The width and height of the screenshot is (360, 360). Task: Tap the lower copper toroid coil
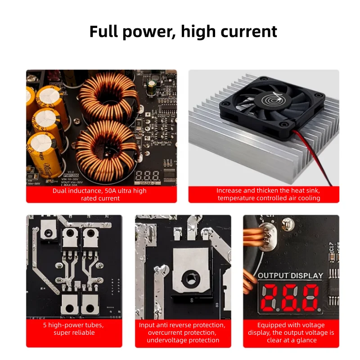pos(106,144)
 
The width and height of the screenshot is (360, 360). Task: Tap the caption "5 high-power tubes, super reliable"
pos(74,328)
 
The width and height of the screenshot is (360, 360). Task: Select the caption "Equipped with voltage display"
pos(291,333)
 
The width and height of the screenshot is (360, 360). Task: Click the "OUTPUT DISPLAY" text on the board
pos(290,275)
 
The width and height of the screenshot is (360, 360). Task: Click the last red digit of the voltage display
pos(310,297)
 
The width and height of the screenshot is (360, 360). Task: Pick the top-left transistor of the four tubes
pos(69,238)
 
